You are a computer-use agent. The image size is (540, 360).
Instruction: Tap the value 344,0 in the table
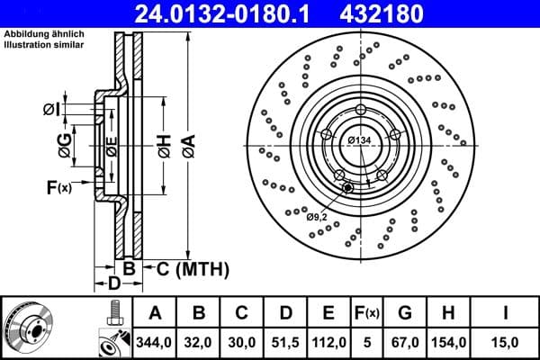click(155, 342)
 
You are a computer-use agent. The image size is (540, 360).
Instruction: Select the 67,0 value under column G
click(405, 342)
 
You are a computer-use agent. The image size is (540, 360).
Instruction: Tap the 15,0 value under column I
click(508, 342)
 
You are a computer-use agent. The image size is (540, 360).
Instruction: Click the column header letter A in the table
click(155, 313)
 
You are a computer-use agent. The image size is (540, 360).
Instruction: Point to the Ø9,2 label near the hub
click(317, 217)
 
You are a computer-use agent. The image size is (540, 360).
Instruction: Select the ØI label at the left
click(51, 110)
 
